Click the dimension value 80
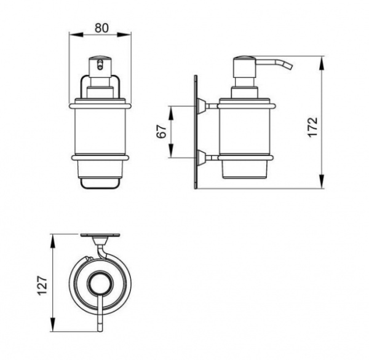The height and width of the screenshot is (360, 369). click(101, 28)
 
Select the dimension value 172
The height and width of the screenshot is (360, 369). click(313, 127)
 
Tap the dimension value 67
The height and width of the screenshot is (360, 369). click(162, 131)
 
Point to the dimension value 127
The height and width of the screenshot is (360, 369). click(42, 286)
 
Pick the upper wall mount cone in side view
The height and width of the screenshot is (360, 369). click(202, 106)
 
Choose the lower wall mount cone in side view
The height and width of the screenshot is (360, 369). click(202, 158)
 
